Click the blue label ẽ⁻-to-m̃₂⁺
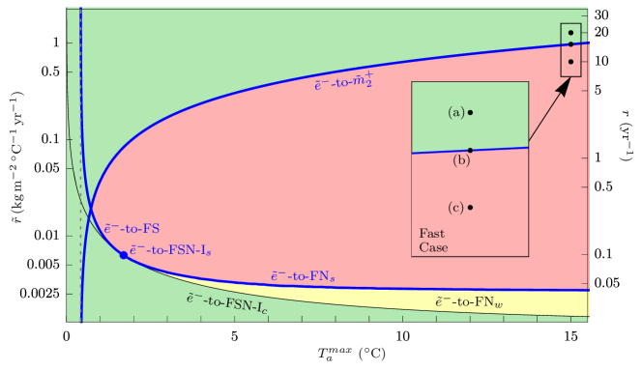(343, 84)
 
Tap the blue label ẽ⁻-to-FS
(131, 229)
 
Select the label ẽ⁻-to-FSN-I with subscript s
(170, 250)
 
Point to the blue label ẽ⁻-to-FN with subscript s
(303, 277)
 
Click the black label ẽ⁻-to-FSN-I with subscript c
(227, 302)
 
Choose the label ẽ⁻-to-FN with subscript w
(469, 303)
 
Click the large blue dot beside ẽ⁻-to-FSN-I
(123, 254)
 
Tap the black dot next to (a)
(470, 112)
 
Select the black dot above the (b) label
(470, 150)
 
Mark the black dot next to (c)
(470, 207)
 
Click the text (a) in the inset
(456, 112)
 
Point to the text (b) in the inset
(461, 160)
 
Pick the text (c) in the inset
(456, 208)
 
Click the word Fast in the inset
(431, 234)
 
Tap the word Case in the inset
(433, 247)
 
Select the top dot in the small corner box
(570, 33)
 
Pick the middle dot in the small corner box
(570, 44)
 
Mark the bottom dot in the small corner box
(570, 62)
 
